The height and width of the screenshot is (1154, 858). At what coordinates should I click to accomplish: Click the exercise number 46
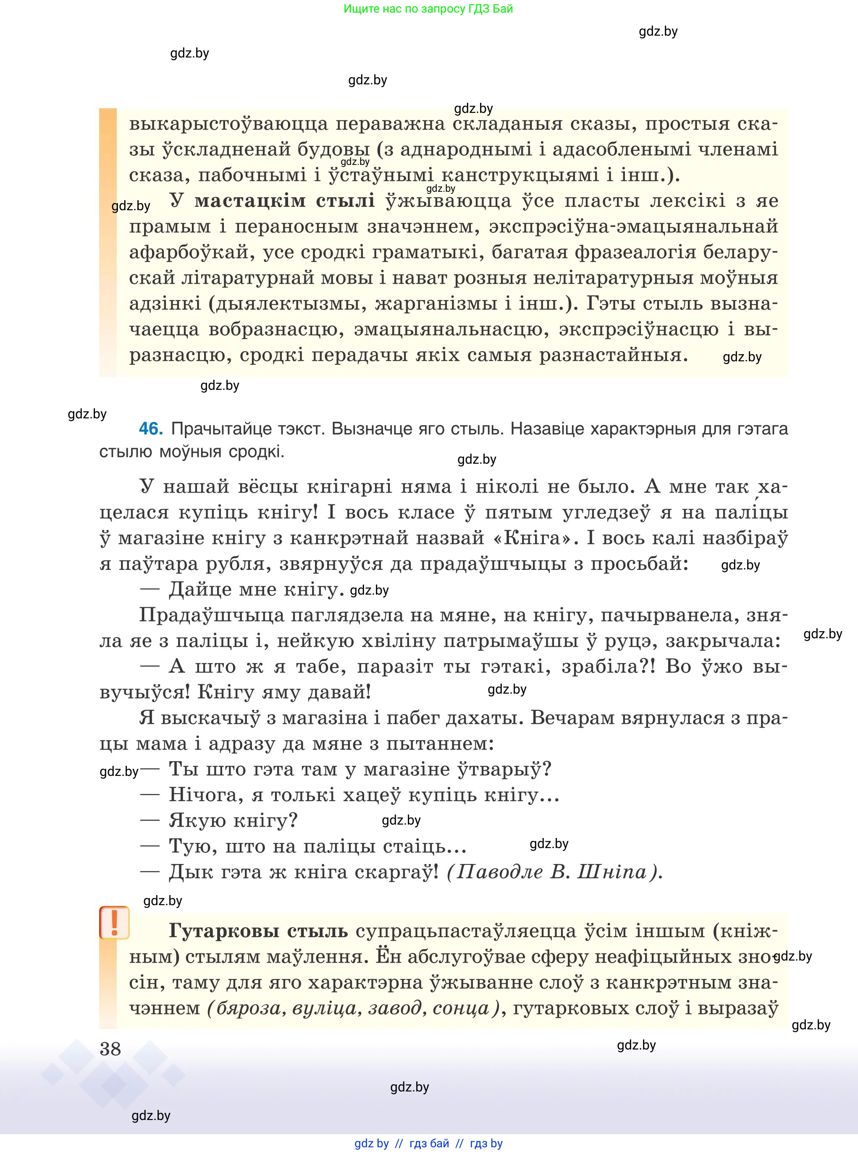pos(151,428)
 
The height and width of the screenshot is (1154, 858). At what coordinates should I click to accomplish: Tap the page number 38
pos(110,1049)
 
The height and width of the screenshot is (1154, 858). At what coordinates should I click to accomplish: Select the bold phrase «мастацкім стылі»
pos(285,201)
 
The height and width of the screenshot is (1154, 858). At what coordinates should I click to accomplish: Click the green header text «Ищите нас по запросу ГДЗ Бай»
pos(428,9)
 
